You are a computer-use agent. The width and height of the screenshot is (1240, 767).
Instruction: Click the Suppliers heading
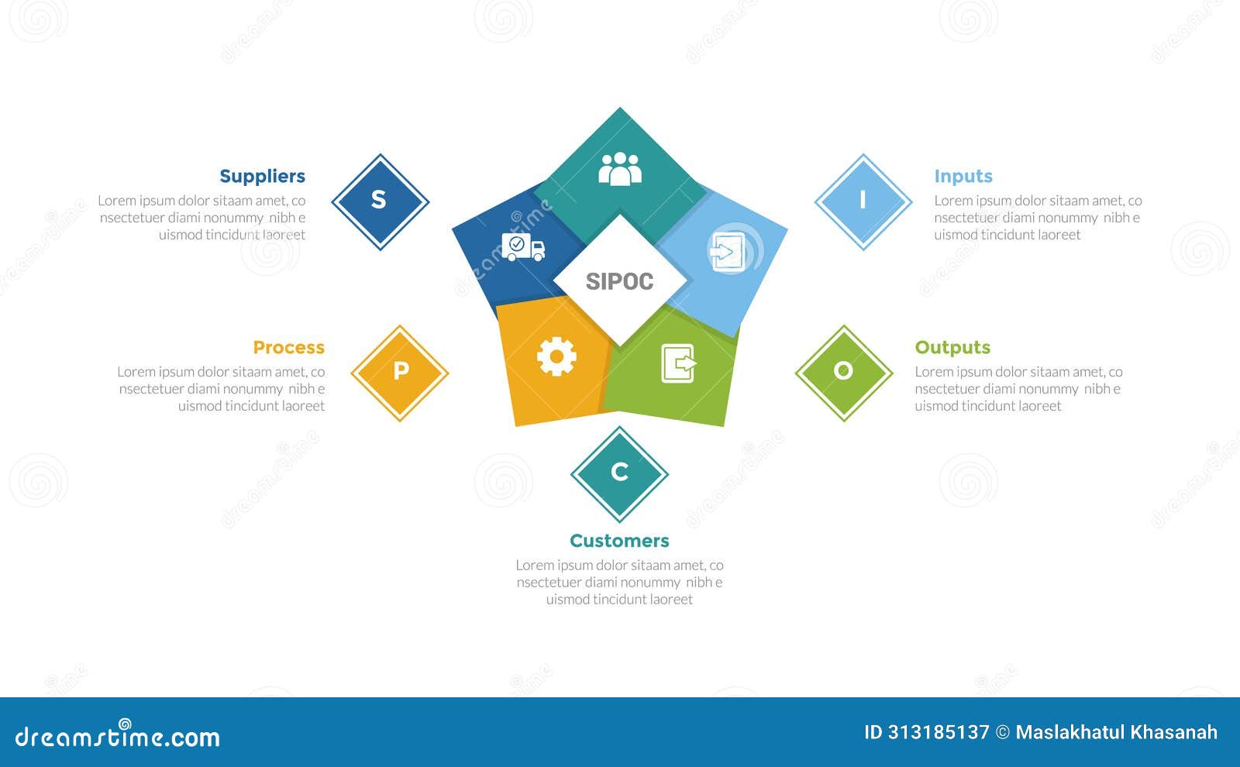pos(262,177)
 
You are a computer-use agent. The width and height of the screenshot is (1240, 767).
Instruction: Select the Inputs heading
pos(963,177)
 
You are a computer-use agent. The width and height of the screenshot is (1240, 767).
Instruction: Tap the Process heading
pos(288,348)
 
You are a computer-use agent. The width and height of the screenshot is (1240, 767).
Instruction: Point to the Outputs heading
pos(952,348)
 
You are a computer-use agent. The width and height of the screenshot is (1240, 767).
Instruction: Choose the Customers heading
pos(619,541)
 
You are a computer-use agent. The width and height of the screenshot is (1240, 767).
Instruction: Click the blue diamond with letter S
pos(380,201)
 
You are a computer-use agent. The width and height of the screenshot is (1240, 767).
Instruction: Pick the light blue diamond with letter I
pos(863,201)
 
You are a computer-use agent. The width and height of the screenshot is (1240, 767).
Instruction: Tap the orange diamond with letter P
pos(400,373)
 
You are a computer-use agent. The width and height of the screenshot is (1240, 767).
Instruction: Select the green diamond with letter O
pos(843,373)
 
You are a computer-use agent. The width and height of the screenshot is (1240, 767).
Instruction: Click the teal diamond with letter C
pos(619,473)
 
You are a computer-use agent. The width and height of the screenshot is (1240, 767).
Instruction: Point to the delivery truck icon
pos(523,247)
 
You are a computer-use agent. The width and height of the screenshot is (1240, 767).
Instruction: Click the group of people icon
pos(620,169)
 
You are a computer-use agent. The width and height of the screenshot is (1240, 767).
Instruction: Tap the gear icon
pos(556,357)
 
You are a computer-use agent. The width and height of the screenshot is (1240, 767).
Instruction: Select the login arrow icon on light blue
pos(728,252)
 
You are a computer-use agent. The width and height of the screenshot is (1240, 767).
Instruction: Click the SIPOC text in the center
pos(619,281)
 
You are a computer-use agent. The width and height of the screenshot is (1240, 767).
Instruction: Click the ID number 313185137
pos(927,732)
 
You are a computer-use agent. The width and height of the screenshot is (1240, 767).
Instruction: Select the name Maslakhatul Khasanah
pos(1116,732)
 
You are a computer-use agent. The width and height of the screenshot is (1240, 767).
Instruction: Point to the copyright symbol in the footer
pos(1003,732)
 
